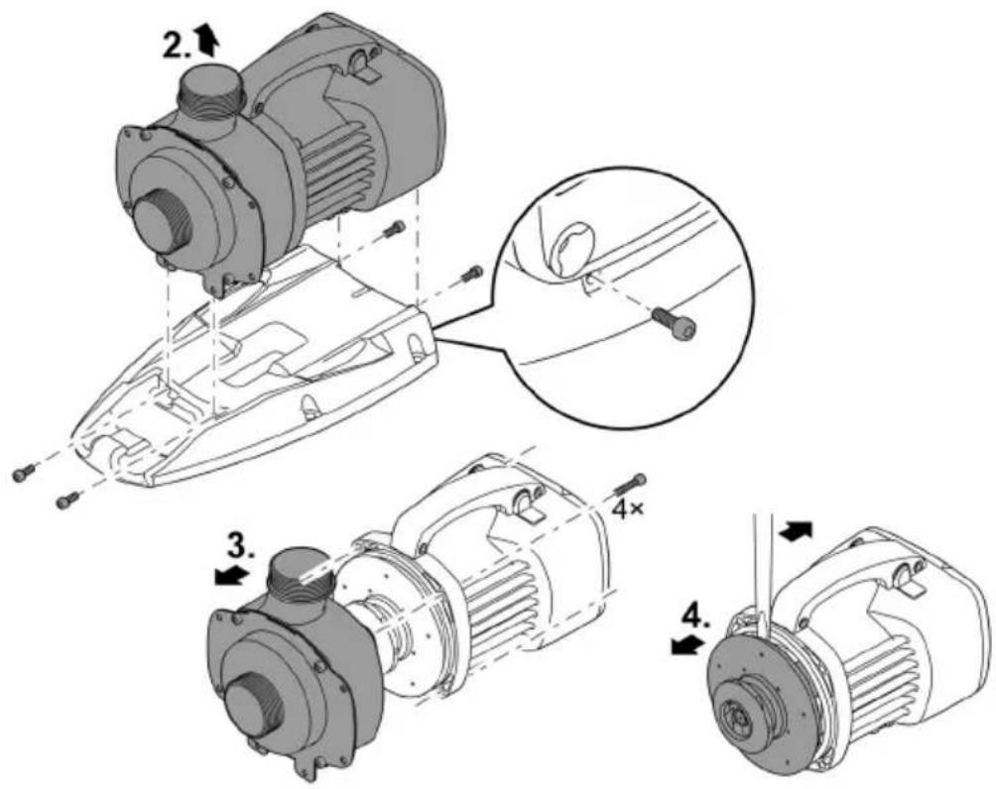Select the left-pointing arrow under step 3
pos(230,576)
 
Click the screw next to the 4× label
pos(630,486)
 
